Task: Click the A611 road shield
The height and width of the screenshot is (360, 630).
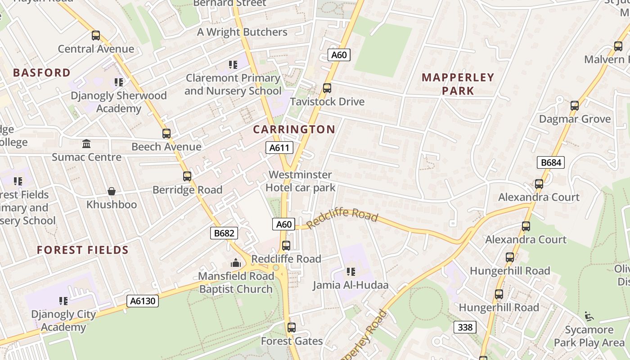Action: click(x=279, y=148)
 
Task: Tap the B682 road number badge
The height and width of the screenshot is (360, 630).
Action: click(x=224, y=233)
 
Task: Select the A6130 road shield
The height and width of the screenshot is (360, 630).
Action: click(x=143, y=301)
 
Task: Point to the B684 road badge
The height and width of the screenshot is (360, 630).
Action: click(x=550, y=162)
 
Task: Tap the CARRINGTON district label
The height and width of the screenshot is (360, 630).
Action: click(x=294, y=130)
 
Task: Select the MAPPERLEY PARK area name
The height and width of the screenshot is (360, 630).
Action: click(x=458, y=84)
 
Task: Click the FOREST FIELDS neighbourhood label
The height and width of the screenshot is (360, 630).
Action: click(x=83, y=250)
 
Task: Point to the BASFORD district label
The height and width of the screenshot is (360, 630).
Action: click(x=42, y=73)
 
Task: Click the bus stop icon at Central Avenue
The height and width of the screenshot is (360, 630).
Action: click(x=96, y=36)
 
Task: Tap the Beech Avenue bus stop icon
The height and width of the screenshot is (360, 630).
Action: click(x=166, y=134)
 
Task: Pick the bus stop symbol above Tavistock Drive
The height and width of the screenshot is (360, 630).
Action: click(x=327, y=88)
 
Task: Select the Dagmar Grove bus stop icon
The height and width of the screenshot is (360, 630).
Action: click(x=575, y=106)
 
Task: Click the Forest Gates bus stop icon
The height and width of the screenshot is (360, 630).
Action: click(x=292, y=328)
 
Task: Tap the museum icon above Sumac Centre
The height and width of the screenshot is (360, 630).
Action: click(x=86, y=144)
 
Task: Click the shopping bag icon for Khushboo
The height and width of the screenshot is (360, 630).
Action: click(x=112, y=192)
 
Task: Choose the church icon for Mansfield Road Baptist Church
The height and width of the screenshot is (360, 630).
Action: click(x=236, y=263)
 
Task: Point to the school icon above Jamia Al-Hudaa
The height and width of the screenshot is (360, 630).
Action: click(x=351, y=272)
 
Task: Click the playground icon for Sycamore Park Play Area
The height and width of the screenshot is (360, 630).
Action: click(x=589, y=316)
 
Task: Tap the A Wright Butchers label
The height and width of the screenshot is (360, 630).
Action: click(x=242, y=32)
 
